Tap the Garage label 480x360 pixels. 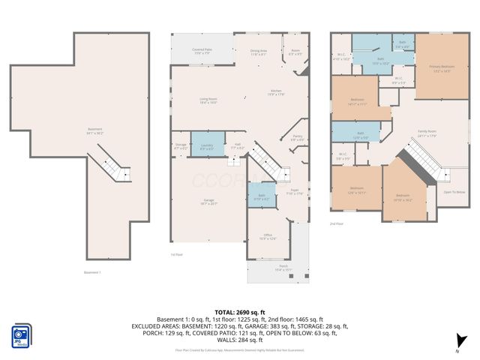tap(208, 201)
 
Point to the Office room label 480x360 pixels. tap(268, 235)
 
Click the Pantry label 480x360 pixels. tap(297, 137)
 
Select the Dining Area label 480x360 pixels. tap(259, 52)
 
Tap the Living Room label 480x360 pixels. tap(208, 100)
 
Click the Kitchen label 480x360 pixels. tap(277, 92)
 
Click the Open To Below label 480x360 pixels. tap(453, 191)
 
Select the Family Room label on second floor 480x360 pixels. tap(427, 133)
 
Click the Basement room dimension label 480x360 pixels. tap(94, 131)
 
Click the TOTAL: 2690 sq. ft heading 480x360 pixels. tap(239, 311)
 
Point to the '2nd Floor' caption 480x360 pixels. tap(337, 223)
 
